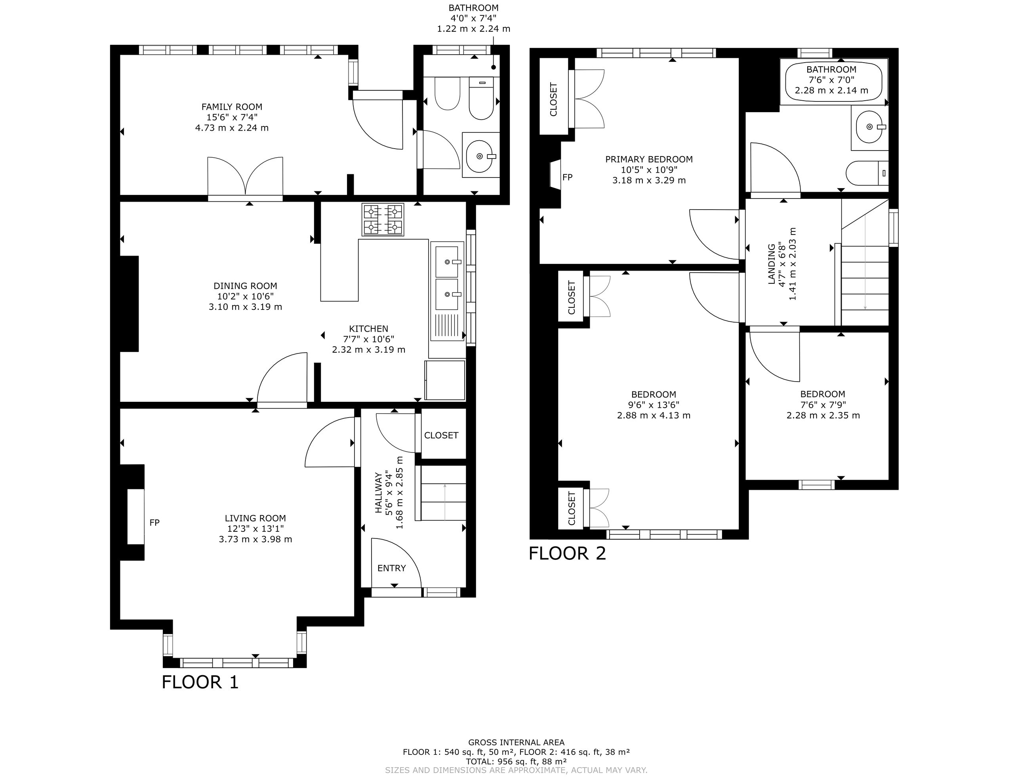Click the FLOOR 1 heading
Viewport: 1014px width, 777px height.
coord(200,682)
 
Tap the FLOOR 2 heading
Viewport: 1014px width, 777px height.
coord(567,553)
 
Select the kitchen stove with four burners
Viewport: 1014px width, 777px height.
coord(383,220)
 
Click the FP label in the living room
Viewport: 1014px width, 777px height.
coord(154,523)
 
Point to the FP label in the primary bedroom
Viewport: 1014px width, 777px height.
coord(567,177)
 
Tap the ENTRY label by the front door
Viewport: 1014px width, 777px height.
coord(392,568)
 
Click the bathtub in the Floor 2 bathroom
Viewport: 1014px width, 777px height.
coord(834,82)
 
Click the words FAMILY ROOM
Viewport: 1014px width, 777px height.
coord(232,107)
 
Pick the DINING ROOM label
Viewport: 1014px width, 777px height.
coord(245,286)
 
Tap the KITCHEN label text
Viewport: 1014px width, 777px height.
coord(368,329)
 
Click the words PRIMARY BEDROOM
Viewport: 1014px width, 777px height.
coord(649,160)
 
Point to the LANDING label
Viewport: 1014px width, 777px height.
coord(771,264)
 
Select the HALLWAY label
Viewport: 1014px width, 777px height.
coord(378,493)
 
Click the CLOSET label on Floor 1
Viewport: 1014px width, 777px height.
coord(441,435)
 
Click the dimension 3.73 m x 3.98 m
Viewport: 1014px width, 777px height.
coord(256,539)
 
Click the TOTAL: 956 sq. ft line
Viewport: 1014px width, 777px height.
coord(517,761)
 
